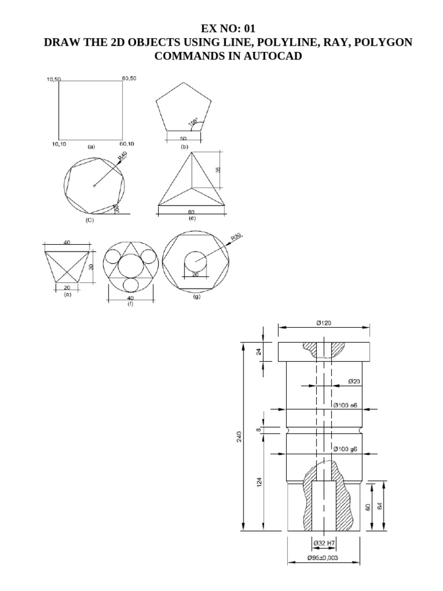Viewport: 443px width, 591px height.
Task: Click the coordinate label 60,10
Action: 127,143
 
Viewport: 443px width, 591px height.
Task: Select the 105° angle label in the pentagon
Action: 193,122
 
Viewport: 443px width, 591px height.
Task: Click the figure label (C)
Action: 90,219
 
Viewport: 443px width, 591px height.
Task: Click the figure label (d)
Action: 192,218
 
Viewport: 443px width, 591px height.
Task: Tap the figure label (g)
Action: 196,297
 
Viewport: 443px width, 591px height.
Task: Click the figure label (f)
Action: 130,303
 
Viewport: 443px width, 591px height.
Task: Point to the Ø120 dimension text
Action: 323,324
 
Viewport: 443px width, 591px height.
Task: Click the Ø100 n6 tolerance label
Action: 346,405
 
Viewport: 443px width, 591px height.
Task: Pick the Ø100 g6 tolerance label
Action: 346,449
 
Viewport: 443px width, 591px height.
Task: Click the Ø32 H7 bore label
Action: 324,543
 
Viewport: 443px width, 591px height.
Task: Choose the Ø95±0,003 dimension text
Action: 324,559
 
